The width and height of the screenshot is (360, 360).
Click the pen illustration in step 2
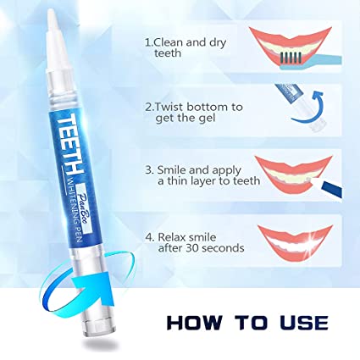(288, 99)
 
